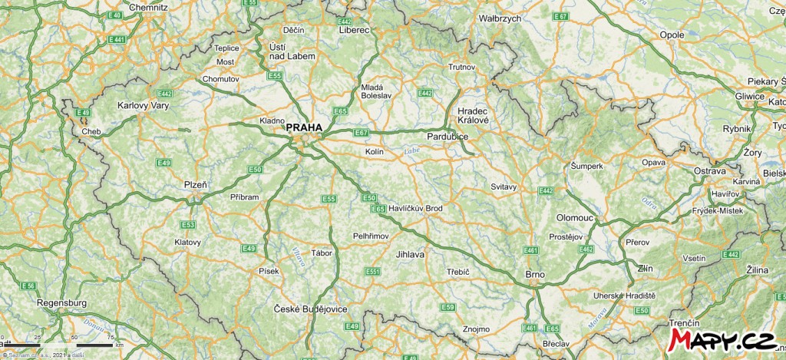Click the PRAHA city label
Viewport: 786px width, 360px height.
point(305,128)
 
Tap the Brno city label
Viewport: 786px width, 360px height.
point(534,275)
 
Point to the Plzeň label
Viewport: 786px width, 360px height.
point(195,184)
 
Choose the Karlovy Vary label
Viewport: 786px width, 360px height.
point(143,105)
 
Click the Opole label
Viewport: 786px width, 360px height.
point(672,35)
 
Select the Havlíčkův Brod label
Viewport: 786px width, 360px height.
point(415,208)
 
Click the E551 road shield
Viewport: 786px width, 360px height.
point(373,272)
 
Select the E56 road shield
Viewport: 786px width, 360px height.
point(28,286)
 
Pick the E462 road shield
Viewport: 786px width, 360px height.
point(586,249)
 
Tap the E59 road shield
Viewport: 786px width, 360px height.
point(448,308)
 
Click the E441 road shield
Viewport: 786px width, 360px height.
point(117,39)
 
